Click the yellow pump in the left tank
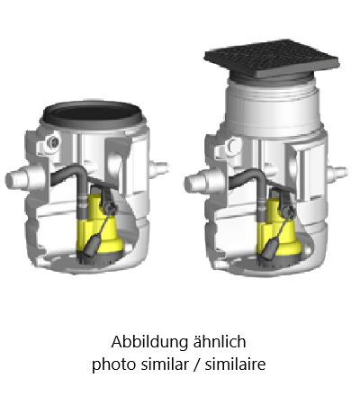point(101,231)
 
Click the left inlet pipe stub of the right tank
point(195,182)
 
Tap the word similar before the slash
point(164,364)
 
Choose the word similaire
point(235,364)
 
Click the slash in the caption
point(196,364)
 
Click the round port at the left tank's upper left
point(53,141)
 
